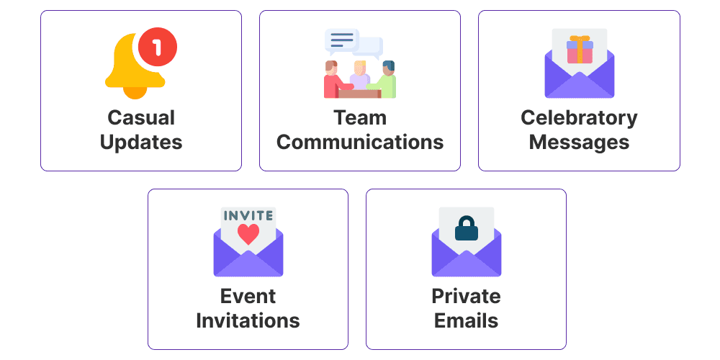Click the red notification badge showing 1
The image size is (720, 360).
click(x=158, y=48)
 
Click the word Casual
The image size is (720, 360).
click(x=141, y=117)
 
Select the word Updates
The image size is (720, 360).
click(x=141, y=143)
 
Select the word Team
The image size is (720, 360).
click(x=360, y=117)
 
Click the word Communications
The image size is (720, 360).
click(x=360, y=142)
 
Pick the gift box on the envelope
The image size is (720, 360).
click(x=580, y=50)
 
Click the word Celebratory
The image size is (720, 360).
click(x=579, y=117)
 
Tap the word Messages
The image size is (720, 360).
click(x=579, y=142)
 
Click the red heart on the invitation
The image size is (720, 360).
click(x=248, y=234)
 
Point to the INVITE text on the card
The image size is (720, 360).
click(x=248, y=215)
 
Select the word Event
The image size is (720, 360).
click(x=248, y=296)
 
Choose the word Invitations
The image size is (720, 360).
click(x=248, y=320)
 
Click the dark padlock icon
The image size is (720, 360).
click(x=467, y=229)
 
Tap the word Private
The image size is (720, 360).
click(x=466, y=296)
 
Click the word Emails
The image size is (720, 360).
click(x=466, y=320)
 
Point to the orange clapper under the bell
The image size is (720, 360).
click(x=135, y=92)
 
